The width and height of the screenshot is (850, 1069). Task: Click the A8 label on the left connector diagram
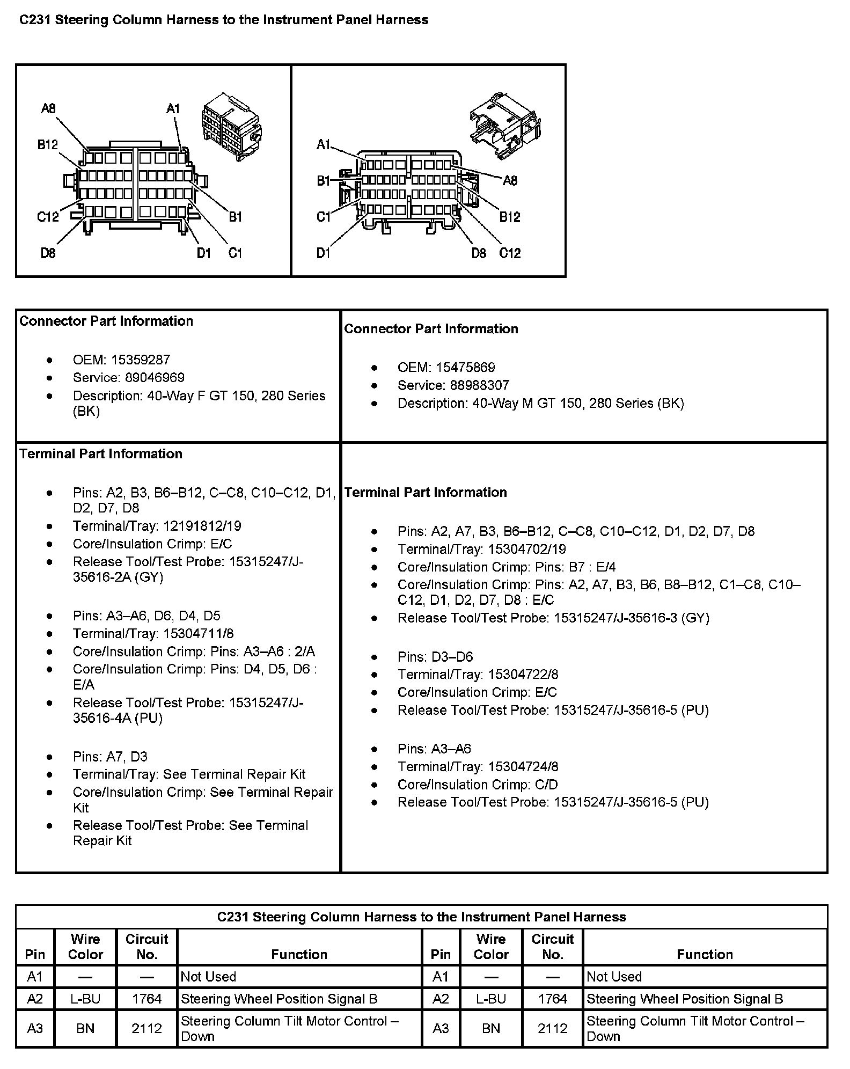[48, 109]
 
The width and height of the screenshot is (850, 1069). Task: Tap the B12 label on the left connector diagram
[47, 145]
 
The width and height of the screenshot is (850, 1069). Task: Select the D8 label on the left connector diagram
[48, 253]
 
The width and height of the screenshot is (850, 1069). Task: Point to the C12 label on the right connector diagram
[510, 253]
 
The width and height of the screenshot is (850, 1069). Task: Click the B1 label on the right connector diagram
[323, 181]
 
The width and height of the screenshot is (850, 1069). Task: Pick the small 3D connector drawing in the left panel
[230, 126]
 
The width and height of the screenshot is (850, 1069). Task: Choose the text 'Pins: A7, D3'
[110, 757]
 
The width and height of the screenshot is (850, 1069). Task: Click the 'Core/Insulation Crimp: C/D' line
[478, 785]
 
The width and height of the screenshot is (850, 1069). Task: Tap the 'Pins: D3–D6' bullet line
[435, 657]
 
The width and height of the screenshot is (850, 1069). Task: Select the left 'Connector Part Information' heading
[106, 321]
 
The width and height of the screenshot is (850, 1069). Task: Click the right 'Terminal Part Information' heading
[426, 492]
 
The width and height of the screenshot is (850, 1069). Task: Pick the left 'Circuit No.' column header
[146, 947]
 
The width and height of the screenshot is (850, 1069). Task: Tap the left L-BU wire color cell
[85, 999]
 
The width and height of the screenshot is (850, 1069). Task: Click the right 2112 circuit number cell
[553, 1028]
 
